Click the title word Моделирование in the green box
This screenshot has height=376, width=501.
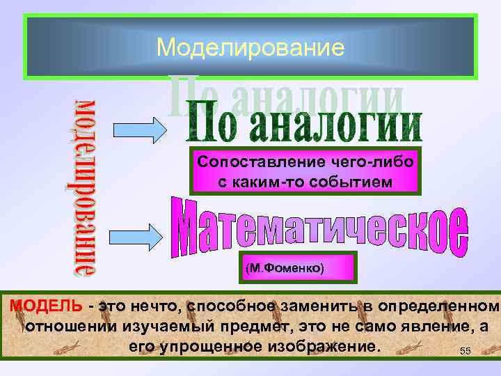click(x=250, y=47)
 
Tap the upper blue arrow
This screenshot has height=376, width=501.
click(x=138, y=129)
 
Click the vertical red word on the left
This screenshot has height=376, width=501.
click(x=86, y=188)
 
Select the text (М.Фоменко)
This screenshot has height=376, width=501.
click(x=285, y=267)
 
